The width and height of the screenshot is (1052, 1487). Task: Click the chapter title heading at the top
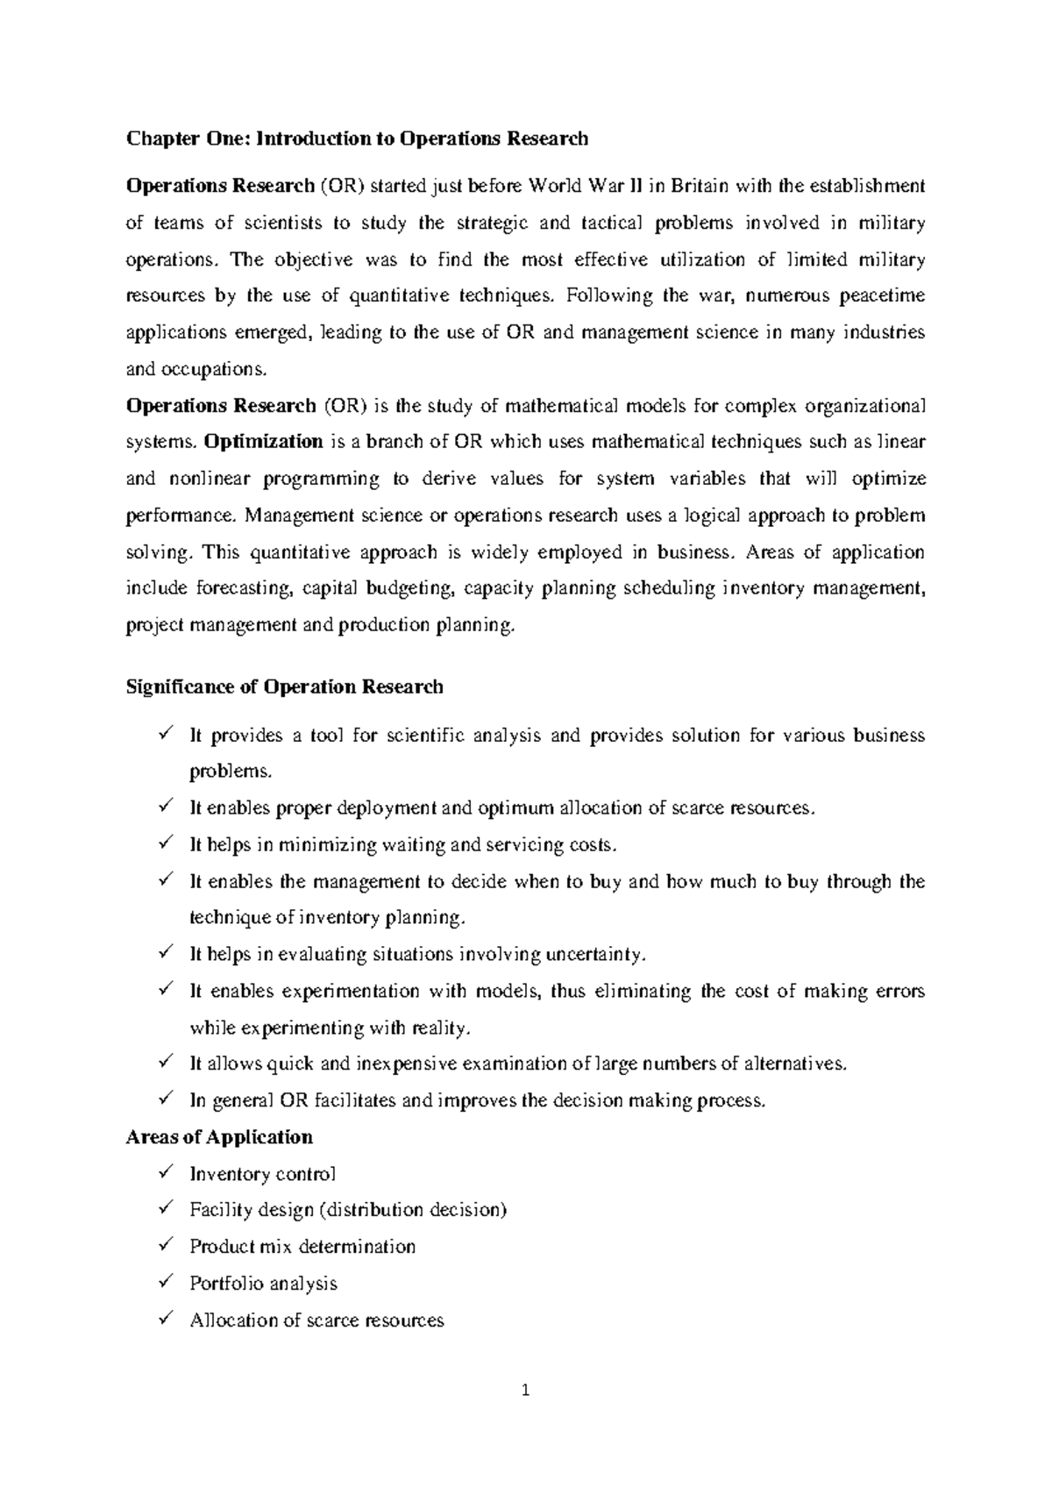coord(357,139)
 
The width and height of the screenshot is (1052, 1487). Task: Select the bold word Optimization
coord(263,442)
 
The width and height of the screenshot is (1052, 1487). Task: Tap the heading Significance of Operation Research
coord(285,687)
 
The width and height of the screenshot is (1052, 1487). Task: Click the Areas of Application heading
coord(219,1137)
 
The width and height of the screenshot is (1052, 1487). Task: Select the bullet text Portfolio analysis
coord(263,1284)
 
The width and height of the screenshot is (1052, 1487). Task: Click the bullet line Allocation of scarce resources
coord(316,1320)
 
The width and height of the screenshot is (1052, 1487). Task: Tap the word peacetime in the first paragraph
coord(882,295)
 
